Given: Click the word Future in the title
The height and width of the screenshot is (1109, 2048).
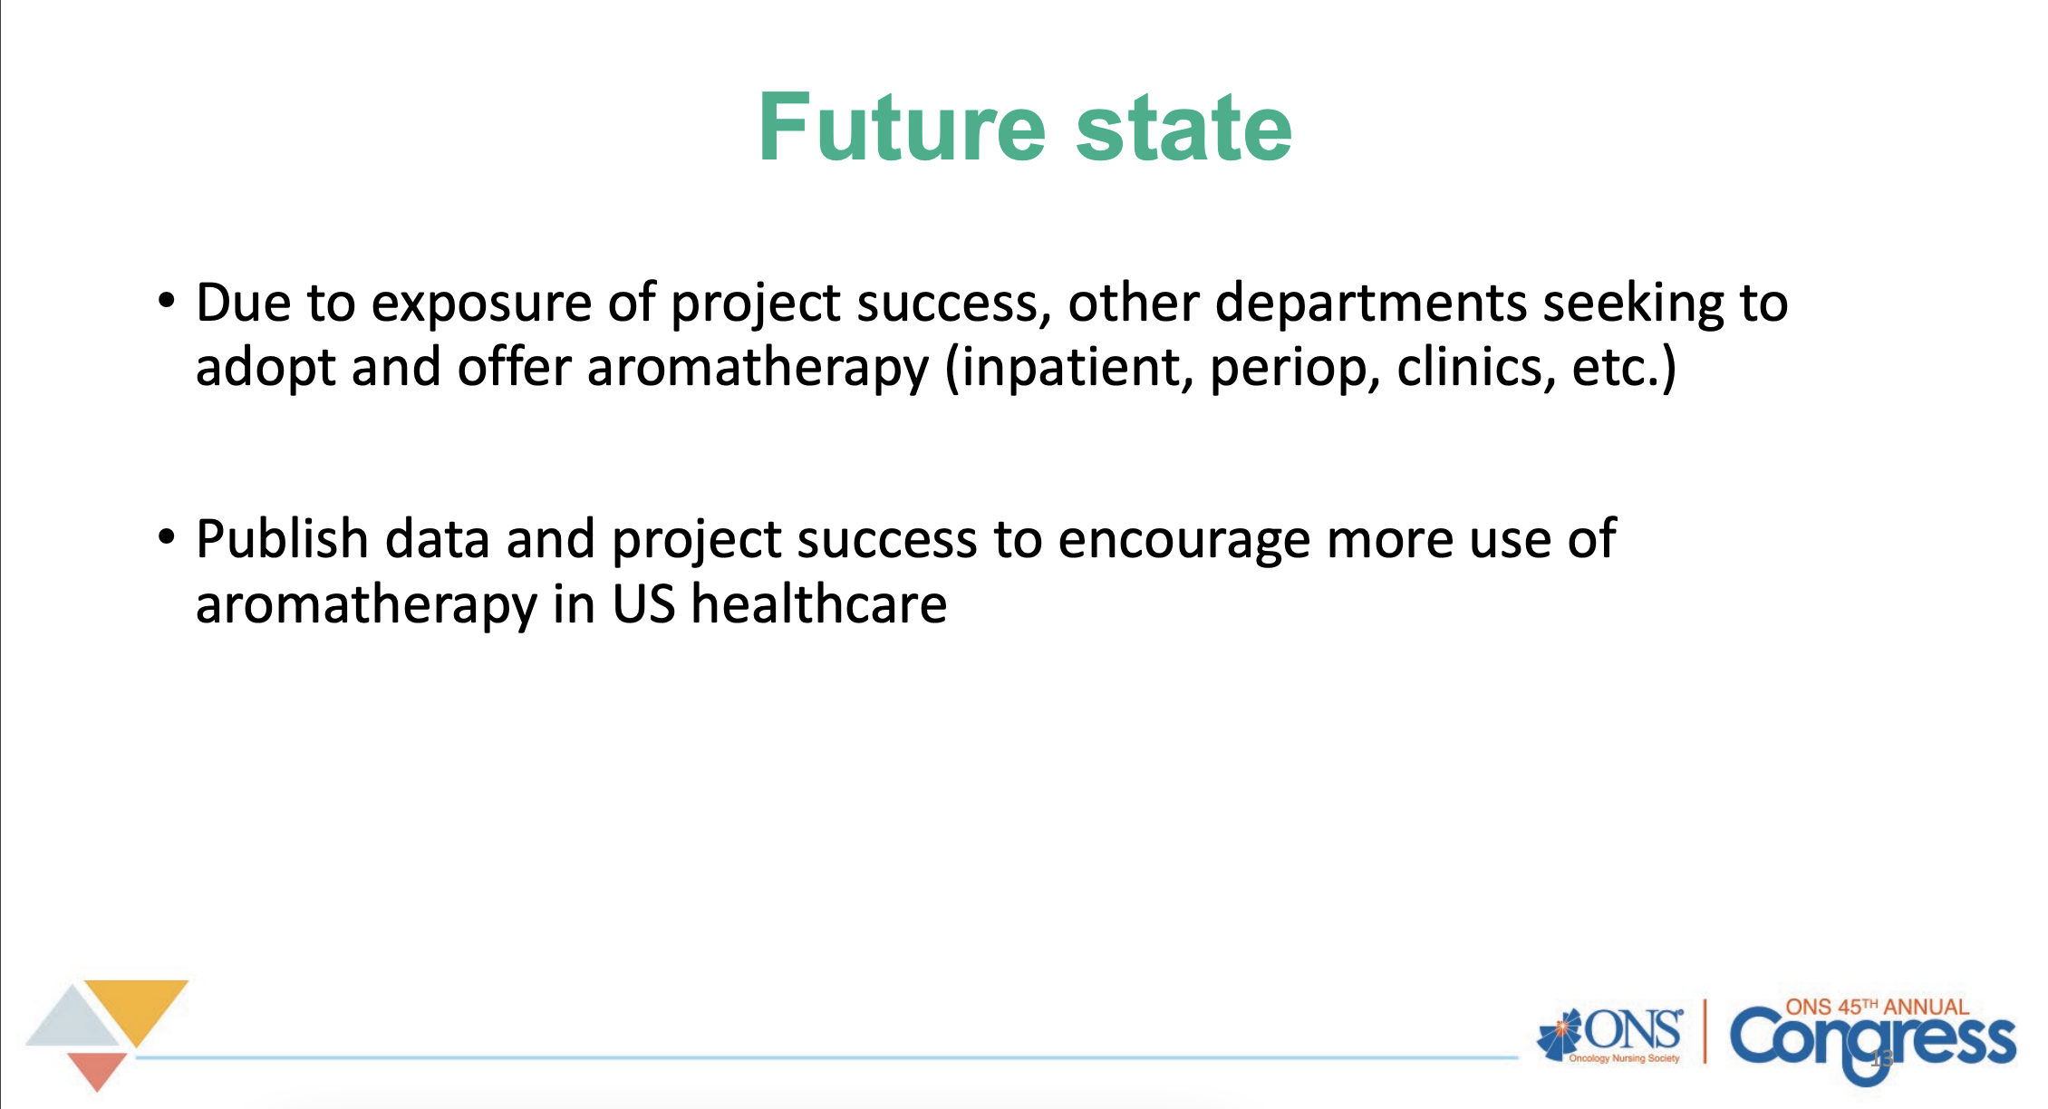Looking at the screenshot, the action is click(x=903, y=128).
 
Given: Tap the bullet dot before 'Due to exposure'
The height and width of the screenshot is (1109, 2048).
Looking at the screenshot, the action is click(x=166, y=301).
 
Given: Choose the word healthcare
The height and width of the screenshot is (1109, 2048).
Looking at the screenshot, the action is click(x=819, y=604).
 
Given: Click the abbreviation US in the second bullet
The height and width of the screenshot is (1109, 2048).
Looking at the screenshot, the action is click(x=643, y=605).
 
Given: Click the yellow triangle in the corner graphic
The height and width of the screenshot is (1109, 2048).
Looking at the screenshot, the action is click(x=137, y=1008).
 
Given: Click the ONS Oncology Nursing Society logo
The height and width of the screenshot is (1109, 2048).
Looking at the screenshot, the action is click(x=1610, y=1036).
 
